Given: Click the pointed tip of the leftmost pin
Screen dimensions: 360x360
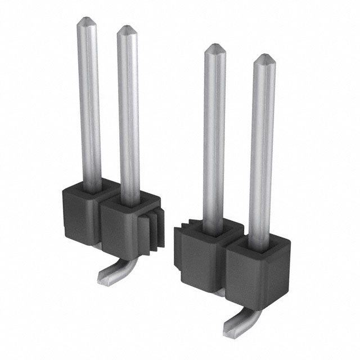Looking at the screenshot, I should pos(87,21).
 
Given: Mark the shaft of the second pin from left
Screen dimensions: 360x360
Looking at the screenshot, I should pos(129,112).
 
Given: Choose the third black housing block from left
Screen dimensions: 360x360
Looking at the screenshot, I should pos(200,259).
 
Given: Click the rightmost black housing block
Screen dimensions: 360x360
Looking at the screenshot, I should pos(256,276).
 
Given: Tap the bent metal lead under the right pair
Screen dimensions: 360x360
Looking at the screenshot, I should pos(239,322).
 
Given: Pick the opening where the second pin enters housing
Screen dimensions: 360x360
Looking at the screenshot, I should pos(130,200).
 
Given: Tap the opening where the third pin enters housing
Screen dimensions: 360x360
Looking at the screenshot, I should pos(214,228).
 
